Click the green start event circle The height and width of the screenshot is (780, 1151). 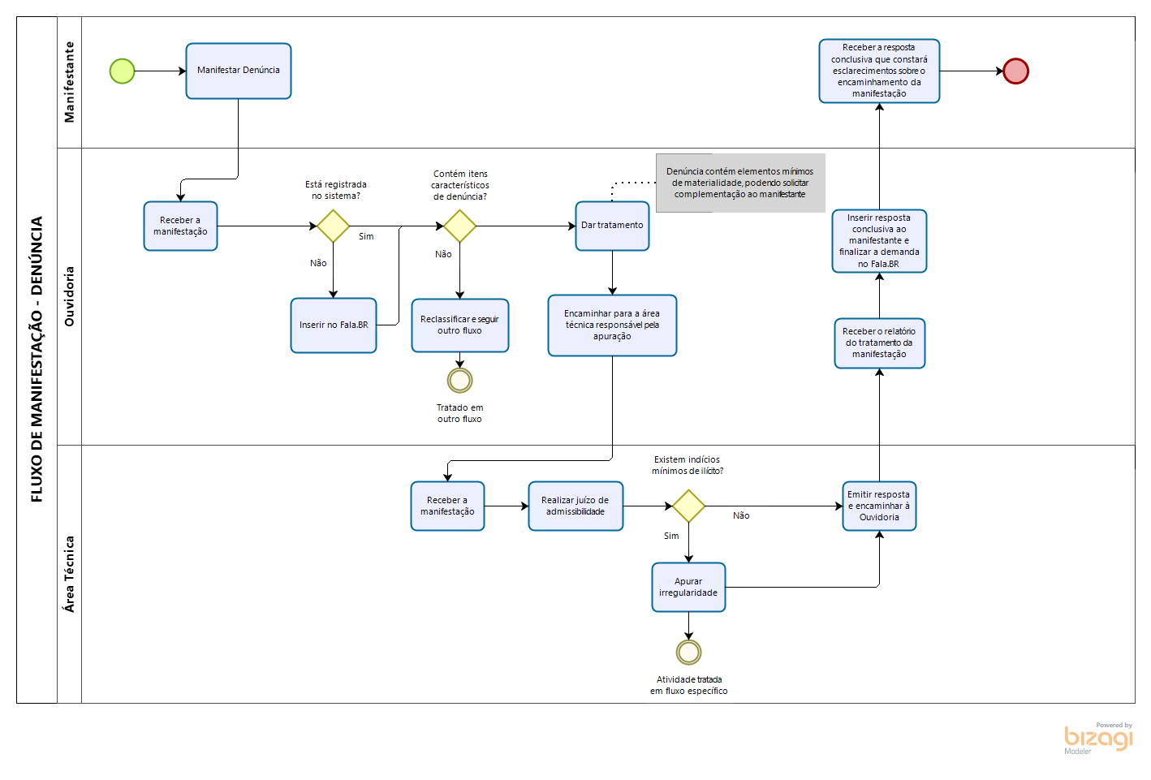(122, 71)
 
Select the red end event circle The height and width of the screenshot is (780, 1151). (1015, 71)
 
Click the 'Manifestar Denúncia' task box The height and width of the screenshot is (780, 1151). (239, 71)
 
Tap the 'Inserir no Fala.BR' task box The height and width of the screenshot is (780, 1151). (334, 325)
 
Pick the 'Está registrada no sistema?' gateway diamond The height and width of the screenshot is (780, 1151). (333, 226)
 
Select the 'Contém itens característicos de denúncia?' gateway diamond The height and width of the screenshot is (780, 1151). (459, 226)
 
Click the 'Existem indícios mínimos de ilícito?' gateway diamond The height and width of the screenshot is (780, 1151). (688, 506)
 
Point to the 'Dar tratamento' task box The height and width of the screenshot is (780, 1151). (612, 226)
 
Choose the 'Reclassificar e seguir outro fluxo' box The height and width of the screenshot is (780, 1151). (460, 325)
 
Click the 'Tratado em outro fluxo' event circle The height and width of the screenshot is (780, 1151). (459, 380)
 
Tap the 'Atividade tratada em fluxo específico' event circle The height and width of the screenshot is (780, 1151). (688, 652)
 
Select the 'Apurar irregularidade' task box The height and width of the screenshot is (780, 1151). (688, 587)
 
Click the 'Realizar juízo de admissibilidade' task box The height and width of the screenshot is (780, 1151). (575, 506)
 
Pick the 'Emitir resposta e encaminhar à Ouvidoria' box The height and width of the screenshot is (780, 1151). (879, 506)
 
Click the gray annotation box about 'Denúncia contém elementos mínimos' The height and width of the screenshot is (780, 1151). (740, 183)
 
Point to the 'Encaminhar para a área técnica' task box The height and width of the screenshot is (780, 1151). (612, 325)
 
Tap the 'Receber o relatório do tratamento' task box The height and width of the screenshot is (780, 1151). (879, 343)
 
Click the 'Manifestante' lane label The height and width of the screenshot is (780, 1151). (69, 82)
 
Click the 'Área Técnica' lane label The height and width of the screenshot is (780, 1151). (69, 574)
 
